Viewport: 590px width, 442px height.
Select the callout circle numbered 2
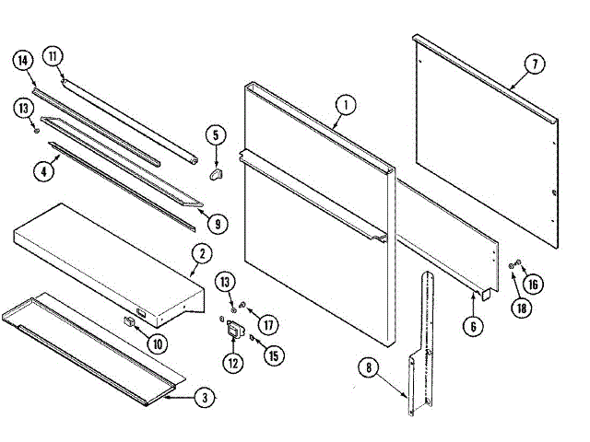(x=201, y=253)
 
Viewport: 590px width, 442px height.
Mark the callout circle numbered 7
(x=532, y=64)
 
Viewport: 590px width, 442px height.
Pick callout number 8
(x=369, y=369)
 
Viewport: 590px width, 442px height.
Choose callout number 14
(x=24, y=62)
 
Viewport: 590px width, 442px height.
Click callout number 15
(x=270, y=355)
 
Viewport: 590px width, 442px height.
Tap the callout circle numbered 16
(x=535, y=284)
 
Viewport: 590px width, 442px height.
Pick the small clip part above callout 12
(x=235, y=331)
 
